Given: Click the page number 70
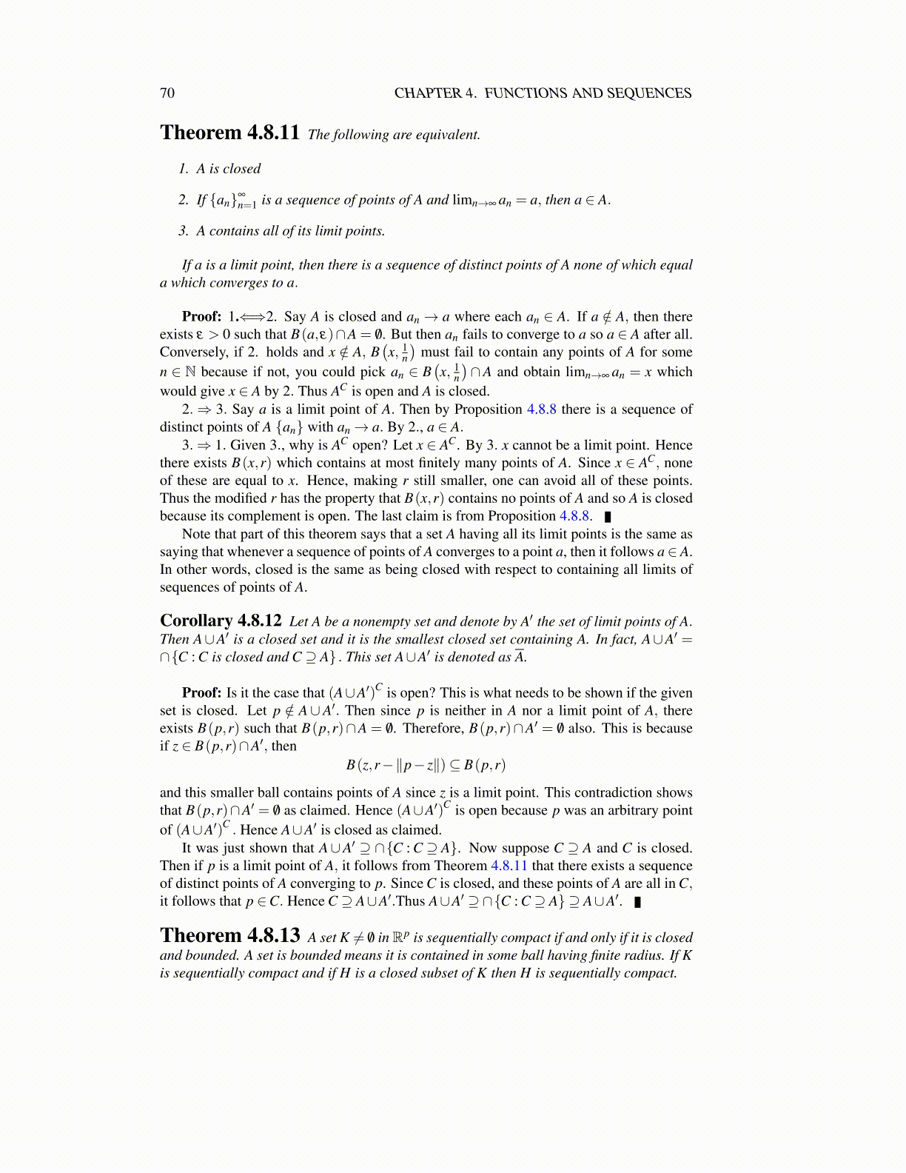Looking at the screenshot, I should pyautogui.click(x=167, y=93).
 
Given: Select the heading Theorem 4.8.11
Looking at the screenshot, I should pyautogui.click(x=229, y=133).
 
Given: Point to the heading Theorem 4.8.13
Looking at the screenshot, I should pyautogui.click(x=229, y=936).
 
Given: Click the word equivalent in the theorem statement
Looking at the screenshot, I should pyautogui.click(x=446, y=135).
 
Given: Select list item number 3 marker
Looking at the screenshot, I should pyautogui.click(x=184, y=231).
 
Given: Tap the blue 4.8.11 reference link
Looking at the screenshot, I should pyautogui.click(x=509, y=866).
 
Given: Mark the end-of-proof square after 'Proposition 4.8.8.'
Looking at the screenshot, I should pyautogui.click(x=608, y=517).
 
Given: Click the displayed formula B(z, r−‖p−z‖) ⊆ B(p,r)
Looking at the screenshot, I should pyautogui.click(x=426, y=765).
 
